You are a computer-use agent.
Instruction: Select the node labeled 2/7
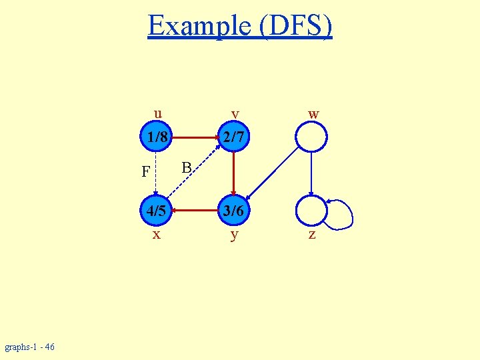tap(233, 138)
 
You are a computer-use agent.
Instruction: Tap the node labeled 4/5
tap(156, 211)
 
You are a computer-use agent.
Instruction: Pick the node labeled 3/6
tap(233, 211)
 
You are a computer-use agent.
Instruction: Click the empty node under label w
tap(311, 138)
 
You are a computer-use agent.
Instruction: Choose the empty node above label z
tap(311, 211)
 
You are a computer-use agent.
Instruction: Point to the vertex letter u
tap(157, 113)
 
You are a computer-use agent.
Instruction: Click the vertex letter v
tap(234, 114)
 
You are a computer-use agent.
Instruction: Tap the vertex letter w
tap(313, 114)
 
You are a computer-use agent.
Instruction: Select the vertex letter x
tap(156, 235)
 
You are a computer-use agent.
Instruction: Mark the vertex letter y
tap(233, 235)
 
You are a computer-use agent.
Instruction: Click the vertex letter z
tap(311, 235)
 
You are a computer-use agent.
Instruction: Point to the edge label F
tap(145, 172)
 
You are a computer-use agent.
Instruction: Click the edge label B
tap(187, 166)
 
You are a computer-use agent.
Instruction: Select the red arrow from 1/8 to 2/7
tap(195, 138)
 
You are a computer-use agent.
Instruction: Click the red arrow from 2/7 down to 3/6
tap(233, 174)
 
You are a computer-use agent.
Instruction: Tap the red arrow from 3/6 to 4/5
tap(195, 211)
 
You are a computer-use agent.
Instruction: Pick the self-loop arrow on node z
tap(343, 212)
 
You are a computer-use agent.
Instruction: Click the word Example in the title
tap(197, 26)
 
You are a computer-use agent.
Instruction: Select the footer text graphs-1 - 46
tap(30, 347)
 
